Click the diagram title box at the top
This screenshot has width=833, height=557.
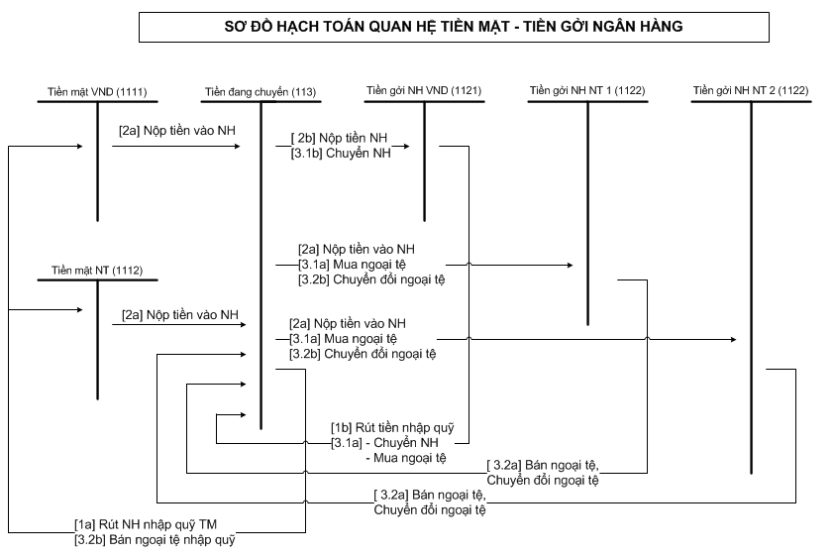click(x=454, y=27)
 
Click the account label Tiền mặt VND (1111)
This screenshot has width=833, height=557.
click(x=97, y=92)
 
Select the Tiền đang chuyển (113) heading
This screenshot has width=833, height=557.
click(x=260, y=92)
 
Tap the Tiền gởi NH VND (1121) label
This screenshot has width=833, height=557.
click(x=424, y=90)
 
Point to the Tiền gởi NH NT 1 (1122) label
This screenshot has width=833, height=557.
click(x=587, y=90)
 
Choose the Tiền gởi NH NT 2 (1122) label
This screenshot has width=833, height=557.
click(x=751, y=90)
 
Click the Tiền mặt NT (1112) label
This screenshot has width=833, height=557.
click(x=97, y=270)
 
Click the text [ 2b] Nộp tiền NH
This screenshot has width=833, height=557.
click(x=340, y=138)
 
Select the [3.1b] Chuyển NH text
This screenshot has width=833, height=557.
click(x=341, y=153)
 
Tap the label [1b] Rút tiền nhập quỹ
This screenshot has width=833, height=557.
click(x=392, y=428)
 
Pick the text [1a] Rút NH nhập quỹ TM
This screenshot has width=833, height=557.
click(x=146, y=524)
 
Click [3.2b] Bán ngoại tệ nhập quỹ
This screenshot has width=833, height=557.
click(x=155, y=539)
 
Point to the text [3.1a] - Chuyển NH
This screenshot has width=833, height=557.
click(x=384, y=443)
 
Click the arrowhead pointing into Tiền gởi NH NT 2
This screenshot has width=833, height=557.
click(x=733, y=339)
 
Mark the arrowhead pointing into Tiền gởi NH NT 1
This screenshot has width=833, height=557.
click(x=570, y=265)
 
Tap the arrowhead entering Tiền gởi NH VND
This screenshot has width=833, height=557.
click(x=406, y=146)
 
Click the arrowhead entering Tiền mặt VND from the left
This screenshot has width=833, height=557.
click(x=79, y=146)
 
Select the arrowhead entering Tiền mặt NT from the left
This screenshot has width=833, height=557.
click(x=79, y=310)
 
